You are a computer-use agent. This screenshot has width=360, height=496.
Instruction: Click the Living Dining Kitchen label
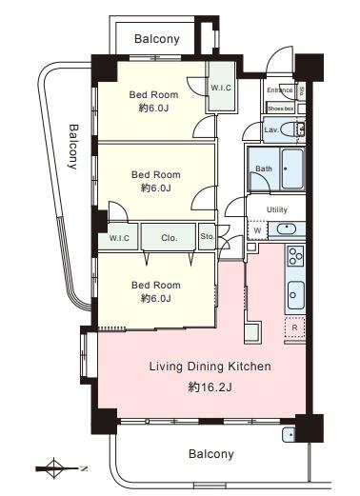210,367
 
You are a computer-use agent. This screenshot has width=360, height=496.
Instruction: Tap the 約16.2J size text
210,387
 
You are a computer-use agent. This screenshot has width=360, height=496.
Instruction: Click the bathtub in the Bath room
292,169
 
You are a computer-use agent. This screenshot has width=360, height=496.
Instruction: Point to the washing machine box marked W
257,230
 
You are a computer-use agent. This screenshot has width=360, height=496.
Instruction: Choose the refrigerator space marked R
295,327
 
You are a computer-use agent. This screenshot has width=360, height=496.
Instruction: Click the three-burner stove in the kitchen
295,255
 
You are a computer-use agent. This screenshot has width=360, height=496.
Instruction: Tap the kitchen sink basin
296,295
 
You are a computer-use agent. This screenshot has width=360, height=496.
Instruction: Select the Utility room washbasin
287,228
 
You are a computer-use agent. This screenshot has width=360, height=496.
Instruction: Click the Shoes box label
281,109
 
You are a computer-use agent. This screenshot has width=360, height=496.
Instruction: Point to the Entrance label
280,90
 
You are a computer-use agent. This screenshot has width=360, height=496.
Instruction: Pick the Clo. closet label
169,238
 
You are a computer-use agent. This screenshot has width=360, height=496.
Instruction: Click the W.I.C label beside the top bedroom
221,88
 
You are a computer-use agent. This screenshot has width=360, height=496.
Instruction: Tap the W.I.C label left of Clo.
119,238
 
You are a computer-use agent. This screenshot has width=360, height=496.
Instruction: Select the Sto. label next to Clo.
208,236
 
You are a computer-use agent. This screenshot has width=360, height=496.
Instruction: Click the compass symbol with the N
60,468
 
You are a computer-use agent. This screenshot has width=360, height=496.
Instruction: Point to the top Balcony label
157,39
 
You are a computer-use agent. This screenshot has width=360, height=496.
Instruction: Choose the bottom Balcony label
211,454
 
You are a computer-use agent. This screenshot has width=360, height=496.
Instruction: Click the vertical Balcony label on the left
73,147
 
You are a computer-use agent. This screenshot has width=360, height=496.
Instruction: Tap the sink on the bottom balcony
289,434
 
